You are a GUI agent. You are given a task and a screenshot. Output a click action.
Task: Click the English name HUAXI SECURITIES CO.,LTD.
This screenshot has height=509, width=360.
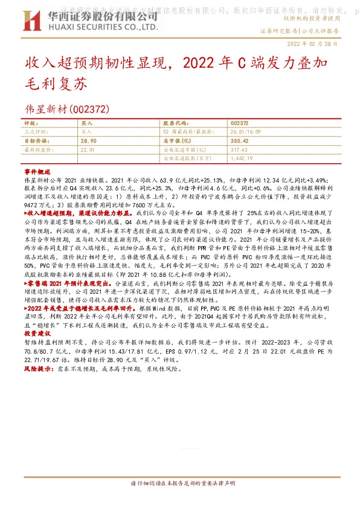coord(100,27)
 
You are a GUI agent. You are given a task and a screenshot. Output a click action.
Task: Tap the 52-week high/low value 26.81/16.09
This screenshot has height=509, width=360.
coord(245,131)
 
